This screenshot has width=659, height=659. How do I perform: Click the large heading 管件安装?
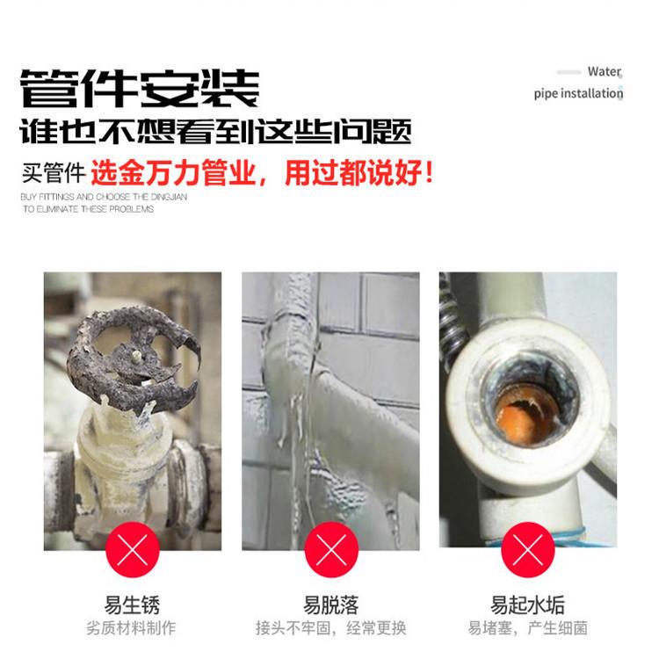click(x=140, y=88)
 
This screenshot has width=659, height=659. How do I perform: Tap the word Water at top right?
click(x=605, y=72)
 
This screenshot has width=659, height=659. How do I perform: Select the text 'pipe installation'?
click(x=578, y=93)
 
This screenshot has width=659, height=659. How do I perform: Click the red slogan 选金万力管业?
click(x=173, y=173)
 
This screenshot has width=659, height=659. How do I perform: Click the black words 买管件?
click(x=54, y=173)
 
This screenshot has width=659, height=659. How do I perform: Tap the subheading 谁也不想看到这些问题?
click(x=215, y=131)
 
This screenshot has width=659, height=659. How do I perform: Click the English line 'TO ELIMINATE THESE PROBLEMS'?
click(x=88, y=209)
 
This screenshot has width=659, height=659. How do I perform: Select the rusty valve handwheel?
click(x=134, y=358)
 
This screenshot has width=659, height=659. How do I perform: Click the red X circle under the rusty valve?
click(x=133, y=550)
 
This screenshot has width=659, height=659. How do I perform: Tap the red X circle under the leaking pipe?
click(x=331, y=550)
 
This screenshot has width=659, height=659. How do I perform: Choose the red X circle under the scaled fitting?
click(x=528, y=550)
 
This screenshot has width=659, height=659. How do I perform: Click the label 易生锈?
click(x=132, y=605)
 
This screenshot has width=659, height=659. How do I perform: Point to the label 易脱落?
click(x=330, y=605)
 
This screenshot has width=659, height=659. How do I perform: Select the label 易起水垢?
click(x=527, y=605)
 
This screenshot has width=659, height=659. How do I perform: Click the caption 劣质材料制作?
click(x=131, y=628)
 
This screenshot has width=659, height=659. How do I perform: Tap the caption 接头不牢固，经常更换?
click(x=330, y=628)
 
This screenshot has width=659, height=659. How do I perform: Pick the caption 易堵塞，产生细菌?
click(x=527, y=628)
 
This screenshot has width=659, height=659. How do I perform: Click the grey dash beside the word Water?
click(x=568, y=72)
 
